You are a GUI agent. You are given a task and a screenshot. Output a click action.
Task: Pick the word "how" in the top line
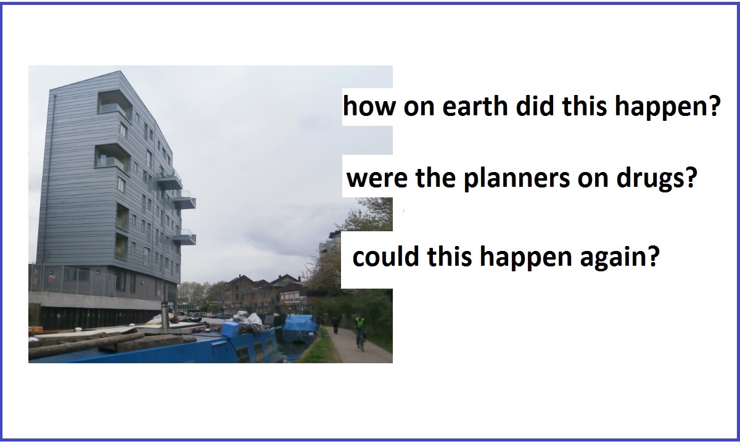[x=369, y=106]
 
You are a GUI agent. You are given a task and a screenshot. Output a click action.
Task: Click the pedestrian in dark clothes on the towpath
[x=335, y=326]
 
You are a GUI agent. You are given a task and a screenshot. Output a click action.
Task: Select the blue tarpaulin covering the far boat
[x=300, y=324]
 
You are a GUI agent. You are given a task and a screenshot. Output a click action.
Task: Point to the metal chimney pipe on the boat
[x=165, y=315]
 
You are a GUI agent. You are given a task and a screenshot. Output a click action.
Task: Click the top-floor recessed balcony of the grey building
[x=115, y=103]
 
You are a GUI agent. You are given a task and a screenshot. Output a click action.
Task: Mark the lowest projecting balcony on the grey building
[x=184, y=237]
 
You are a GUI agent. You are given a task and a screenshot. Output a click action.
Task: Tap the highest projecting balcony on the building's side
[x=170, y=180]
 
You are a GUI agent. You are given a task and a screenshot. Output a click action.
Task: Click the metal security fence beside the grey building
[x=73, y=279]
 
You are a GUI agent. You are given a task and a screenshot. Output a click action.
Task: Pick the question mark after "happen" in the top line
[x=715, y=105]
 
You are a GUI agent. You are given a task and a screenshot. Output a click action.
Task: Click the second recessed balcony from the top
[x=112, y=158]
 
